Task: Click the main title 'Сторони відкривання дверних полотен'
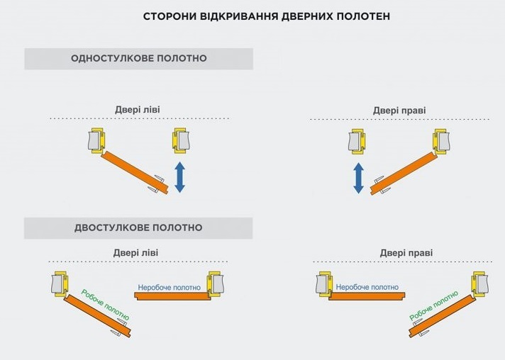[x=266, y=16]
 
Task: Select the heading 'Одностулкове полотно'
[x=139, y=58]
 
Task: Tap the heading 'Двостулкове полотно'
[x=138, y=227]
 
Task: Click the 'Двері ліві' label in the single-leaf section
[x=138, y=110]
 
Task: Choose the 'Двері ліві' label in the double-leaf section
[x=136, y=252]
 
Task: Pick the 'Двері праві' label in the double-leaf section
[x=406, y=252]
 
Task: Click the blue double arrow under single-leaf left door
[x=179, y=177]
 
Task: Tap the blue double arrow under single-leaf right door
[x=359, y=177]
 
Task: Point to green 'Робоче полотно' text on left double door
[x=106, y=303]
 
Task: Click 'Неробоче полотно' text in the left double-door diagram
[x=169, y=287]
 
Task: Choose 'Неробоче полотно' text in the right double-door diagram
[x=366, y=287]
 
